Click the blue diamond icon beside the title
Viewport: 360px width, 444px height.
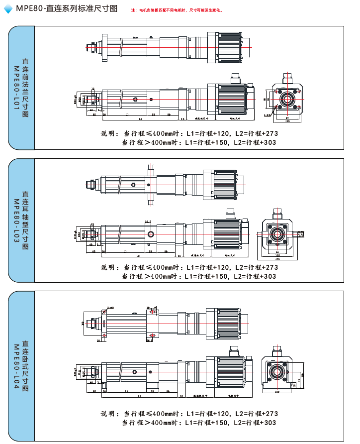(8, 9)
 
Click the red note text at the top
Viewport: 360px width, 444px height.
(177, 10)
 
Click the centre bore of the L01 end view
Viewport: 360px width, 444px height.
(287, 99)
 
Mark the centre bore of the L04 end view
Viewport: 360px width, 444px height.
(276, 371)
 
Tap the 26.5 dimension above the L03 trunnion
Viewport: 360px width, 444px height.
(148, 222)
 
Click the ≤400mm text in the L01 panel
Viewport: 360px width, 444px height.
(161, 133)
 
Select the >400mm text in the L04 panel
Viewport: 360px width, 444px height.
(161, 423)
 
